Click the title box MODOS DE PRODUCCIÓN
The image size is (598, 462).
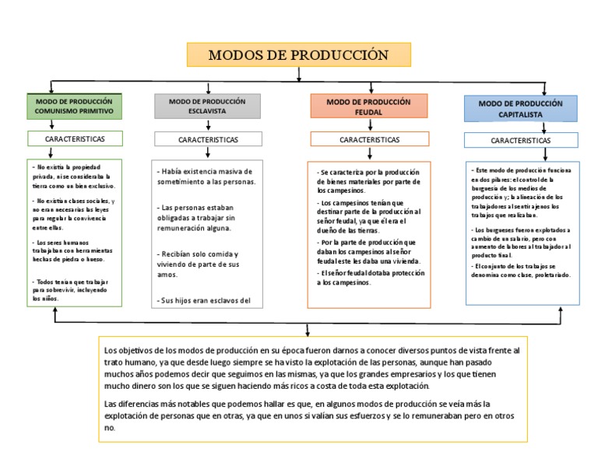[298, 55]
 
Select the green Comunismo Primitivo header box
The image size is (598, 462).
[74, 107]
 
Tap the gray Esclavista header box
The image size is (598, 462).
[206, 107]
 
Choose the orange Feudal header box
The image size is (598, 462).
[368, 107]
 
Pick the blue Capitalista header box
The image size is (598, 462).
[520, 108]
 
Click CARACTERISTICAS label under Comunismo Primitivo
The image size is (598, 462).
[74, 138]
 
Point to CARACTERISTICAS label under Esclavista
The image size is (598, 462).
[208, 139]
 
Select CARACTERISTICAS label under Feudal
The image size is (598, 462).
[369, 139]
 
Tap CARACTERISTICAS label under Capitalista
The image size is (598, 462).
[520, 140]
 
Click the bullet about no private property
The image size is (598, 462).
[74, 177]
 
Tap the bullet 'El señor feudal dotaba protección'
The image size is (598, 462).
[368, 278]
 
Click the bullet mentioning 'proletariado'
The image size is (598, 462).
[520, 271]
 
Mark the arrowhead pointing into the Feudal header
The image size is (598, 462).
[368, 90]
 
